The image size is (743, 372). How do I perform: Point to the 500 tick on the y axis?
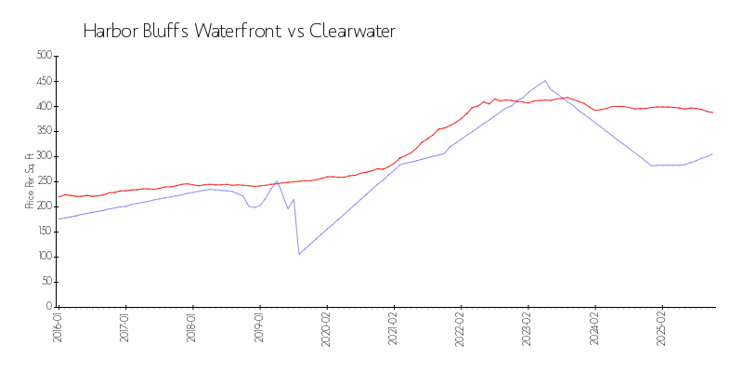tap(43, 56)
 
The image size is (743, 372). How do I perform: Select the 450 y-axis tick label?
tap(43, 81)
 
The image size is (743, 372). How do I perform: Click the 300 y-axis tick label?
tap(43, 156)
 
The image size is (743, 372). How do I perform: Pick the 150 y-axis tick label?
tap(43, 232)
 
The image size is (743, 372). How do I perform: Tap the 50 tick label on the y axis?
tap(46, 282)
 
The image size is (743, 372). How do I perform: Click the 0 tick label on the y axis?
tap(48, 307)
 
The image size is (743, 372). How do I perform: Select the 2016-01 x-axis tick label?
tap(58, 329)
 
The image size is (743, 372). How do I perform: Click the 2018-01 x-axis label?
tap(192, 329)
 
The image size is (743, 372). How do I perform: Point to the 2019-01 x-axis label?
tap(259, 329)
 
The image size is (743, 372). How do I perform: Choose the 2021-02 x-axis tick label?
tap(394, 329)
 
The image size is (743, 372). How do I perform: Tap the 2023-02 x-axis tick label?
tap(528, 329)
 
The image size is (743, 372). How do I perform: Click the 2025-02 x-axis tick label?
tap(662, 329)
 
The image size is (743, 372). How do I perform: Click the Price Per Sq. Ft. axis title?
tap(30, 181)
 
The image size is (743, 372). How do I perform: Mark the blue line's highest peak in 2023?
tap(545, 81)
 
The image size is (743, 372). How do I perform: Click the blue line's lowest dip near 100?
tap(298, 254)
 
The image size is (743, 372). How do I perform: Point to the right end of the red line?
tap(713, 113)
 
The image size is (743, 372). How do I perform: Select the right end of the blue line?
tap(713, 153)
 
